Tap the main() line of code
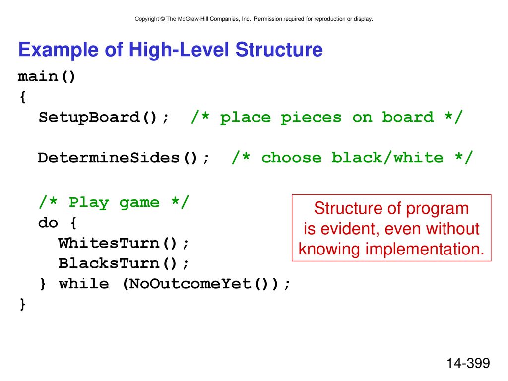tap(47, 77)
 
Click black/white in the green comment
tap(387, 158)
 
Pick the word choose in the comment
tap(292, 158)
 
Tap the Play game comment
tap(114, 203)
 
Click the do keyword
tap(48, 223)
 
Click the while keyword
tap(84, 284)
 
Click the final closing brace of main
tap(22, 304)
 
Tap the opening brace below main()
tap(22, 97)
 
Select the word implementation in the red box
tap(425, 249)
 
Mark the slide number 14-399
tap(468, 363)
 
